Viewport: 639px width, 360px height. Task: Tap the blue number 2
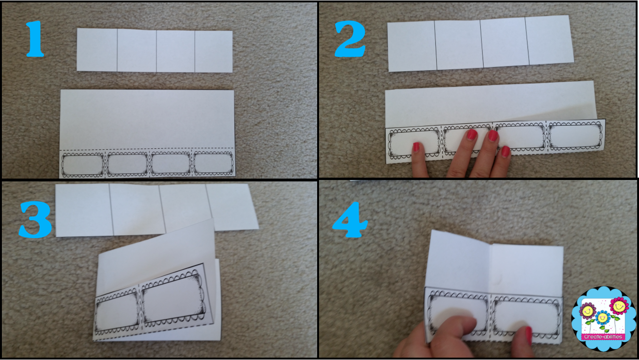tap(350, 39)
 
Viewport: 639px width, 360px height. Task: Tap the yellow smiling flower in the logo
tap(587, 311)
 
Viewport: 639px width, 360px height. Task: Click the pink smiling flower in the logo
tap(618, 306)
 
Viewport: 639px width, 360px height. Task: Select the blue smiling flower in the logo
tap(603, 317)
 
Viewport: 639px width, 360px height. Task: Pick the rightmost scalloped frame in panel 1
tap(214, 163)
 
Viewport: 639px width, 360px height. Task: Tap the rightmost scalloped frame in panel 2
tap(576, 136)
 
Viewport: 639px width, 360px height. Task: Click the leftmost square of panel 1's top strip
tap(97, 50)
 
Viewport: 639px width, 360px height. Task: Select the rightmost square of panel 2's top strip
tap(549, 41)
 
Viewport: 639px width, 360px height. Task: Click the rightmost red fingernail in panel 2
tap(505, 152)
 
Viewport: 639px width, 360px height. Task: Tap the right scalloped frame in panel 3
tap(173, 298)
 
